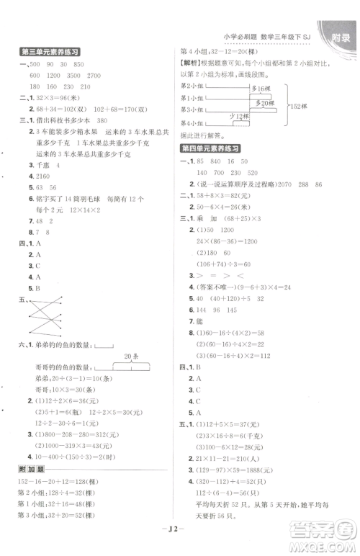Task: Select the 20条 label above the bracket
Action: point(130,356)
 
